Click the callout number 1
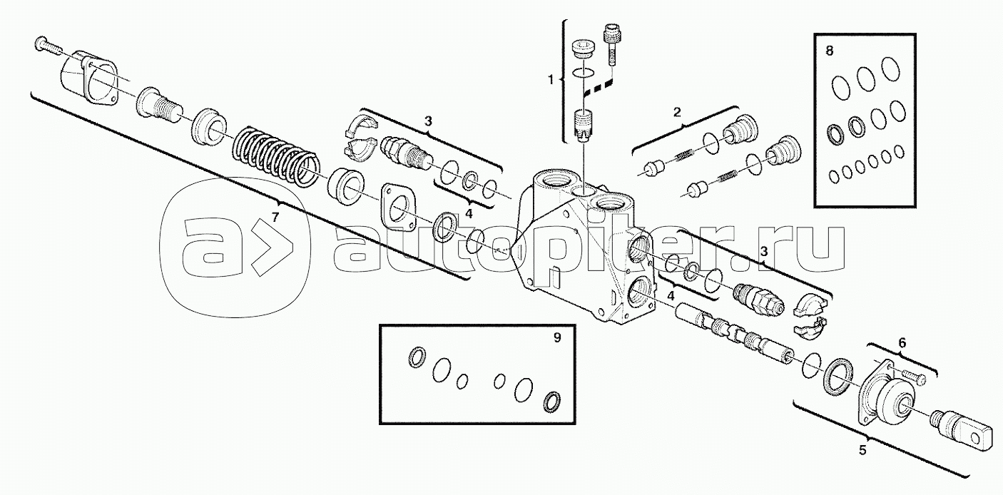point(551,80)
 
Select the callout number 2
point(677,112)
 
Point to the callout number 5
point(862,449)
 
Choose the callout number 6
point(902,343)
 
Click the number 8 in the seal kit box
point(829,51)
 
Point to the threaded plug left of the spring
point(158,105)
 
